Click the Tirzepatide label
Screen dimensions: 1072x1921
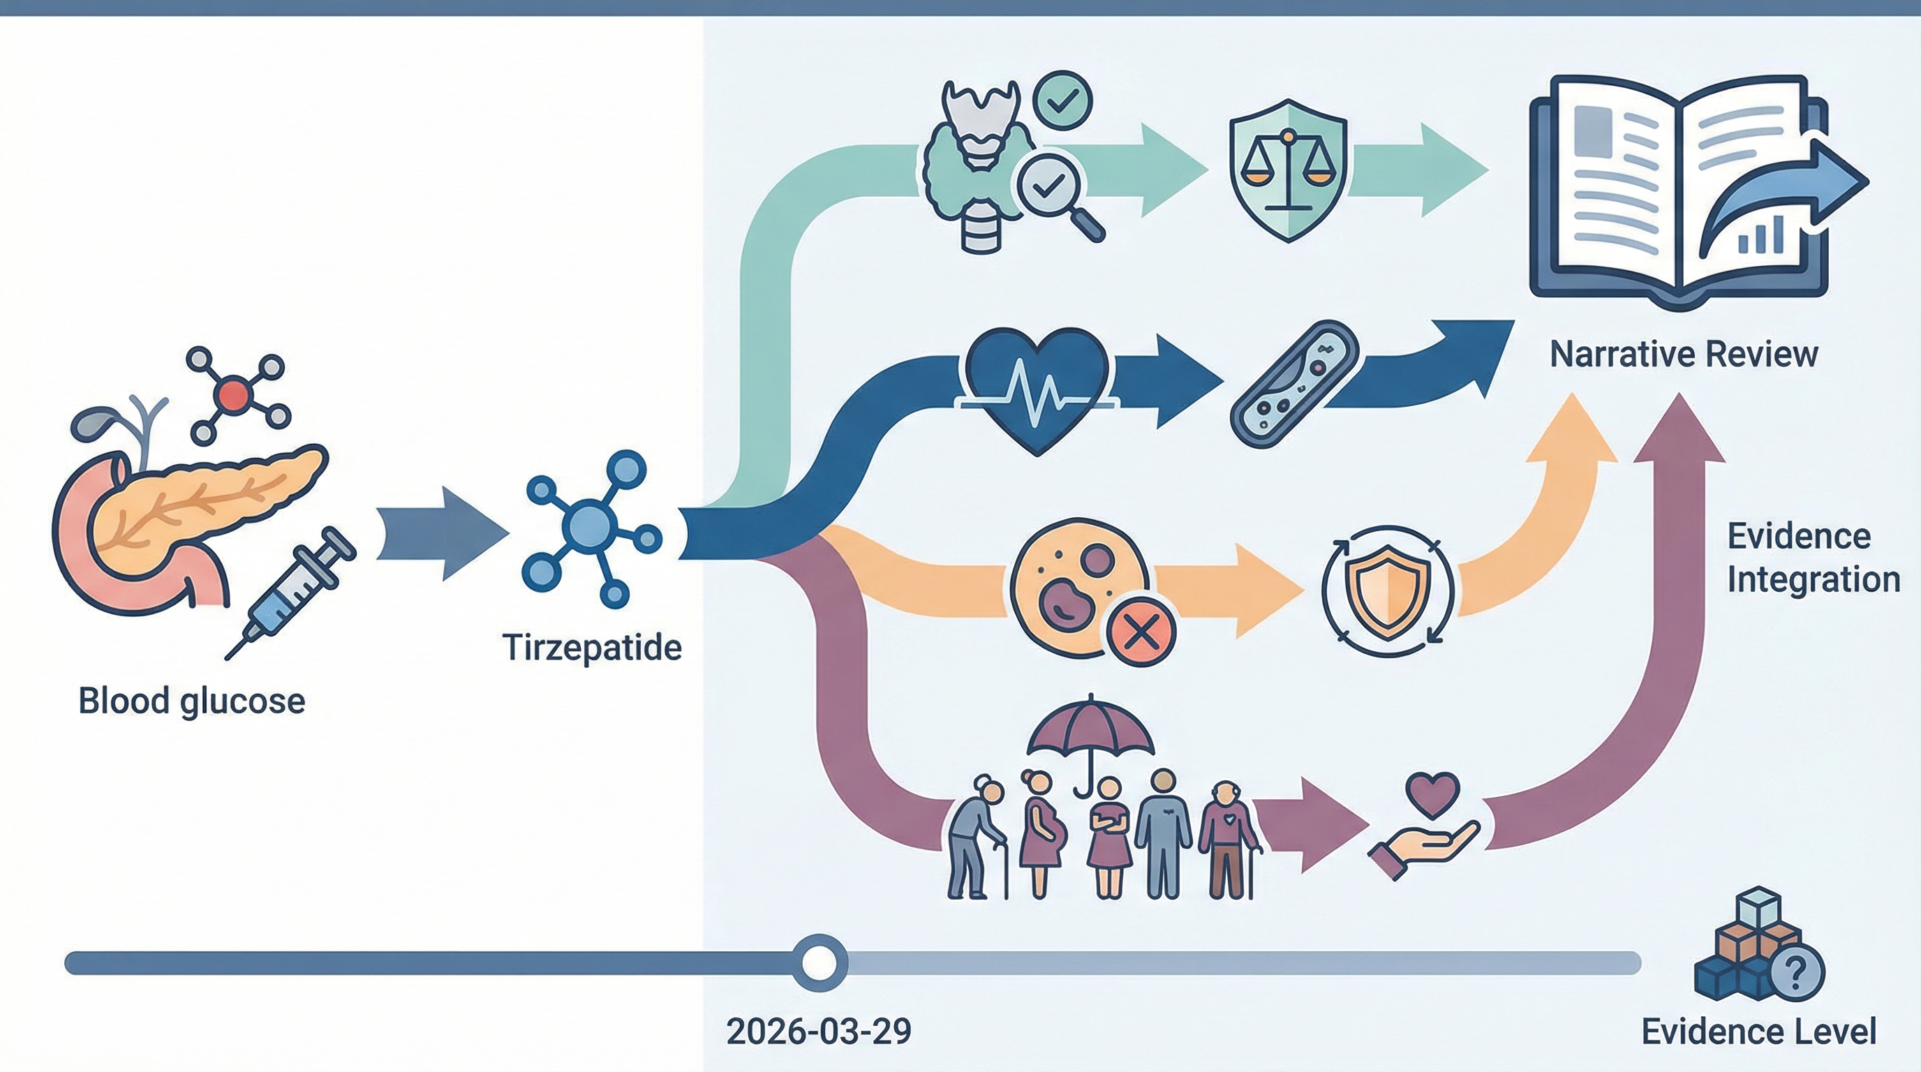point(592,647)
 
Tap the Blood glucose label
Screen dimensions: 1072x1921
point(192,701)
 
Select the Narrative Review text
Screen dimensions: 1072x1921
point(1684,354)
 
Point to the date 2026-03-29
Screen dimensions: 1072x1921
point(818,1032)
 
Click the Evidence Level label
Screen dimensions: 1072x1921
point(1758,1032)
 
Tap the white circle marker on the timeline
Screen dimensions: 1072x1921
point(819,962)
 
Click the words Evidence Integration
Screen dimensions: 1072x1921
point(1812,558)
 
